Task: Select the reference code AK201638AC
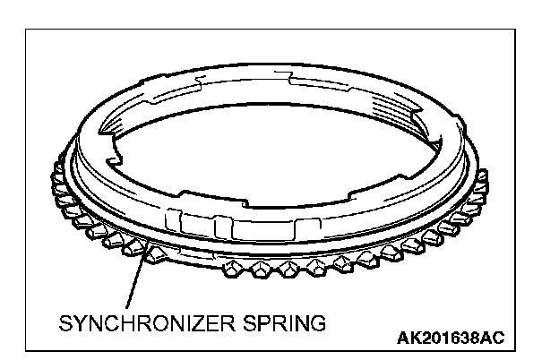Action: pos(450,338)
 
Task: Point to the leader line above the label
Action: pos(134,286)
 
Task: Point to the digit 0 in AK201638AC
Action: pos(433,338)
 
